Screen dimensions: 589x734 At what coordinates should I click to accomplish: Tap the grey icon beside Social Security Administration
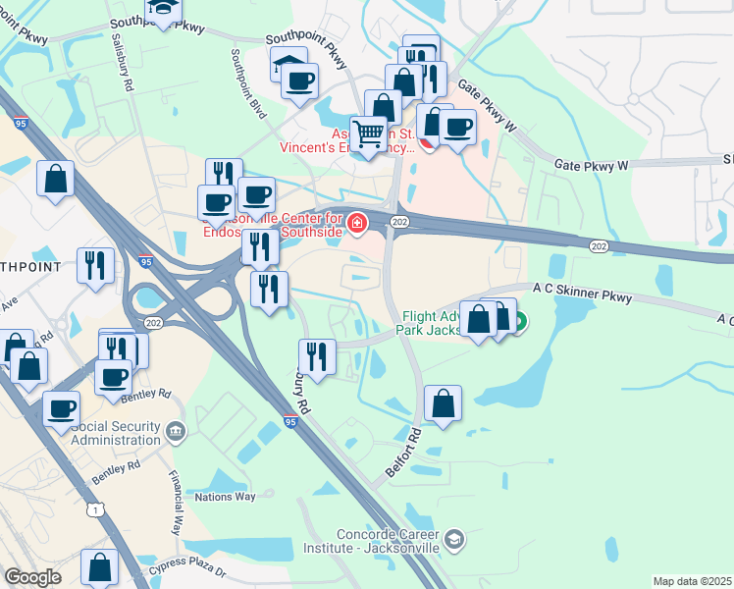176,430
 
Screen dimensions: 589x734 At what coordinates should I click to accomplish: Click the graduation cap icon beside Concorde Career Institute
454,539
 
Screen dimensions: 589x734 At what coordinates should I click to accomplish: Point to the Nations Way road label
225,497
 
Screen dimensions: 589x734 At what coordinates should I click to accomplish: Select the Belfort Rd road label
403,452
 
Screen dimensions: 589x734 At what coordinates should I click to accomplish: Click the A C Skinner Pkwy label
582,290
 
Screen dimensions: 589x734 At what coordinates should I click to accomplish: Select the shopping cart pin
369,133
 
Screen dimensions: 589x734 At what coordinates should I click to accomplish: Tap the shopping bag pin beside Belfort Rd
444,402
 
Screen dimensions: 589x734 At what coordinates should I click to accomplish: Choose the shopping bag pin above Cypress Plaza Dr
99,566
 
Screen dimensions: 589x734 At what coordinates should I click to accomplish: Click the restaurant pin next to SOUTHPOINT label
96,265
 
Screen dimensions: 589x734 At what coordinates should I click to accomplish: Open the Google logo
32,577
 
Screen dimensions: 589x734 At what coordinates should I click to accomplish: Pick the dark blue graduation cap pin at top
162,10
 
